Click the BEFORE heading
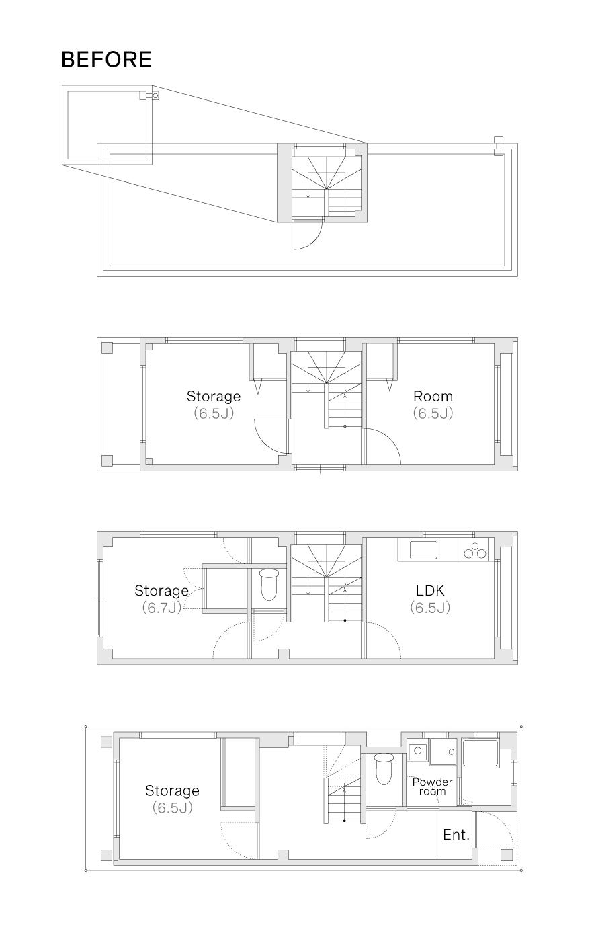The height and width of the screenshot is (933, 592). click(106, 60)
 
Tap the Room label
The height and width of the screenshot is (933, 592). click(433, 396)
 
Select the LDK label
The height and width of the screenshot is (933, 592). click(430, 591)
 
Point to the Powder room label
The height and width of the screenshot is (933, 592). click(432, 786)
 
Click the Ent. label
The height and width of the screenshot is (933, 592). click(456, 835)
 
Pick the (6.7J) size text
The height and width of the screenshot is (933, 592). click(161, 608)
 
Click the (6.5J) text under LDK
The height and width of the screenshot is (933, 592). click(430, 608)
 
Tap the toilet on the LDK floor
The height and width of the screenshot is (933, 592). click(269, 584)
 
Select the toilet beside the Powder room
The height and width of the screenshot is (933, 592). click(384, 768)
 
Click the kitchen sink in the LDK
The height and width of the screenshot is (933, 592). click(423, 550)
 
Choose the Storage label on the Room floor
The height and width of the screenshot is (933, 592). click(213, 396)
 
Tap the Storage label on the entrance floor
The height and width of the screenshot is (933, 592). click(172, 790)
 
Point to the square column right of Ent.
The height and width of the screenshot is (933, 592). click(507, 855)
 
